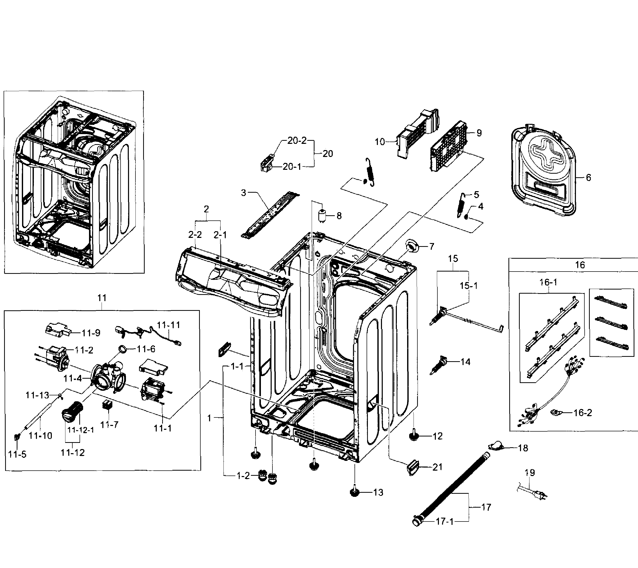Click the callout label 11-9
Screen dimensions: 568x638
point(91,333)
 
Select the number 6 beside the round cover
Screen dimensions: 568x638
point(588,178)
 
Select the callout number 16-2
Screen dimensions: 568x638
point(582,413)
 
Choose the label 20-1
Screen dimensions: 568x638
point(292,167)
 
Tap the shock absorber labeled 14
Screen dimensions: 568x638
point(439,365)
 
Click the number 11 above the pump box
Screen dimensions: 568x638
point(102,298)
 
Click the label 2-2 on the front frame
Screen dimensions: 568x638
point(195,235)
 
